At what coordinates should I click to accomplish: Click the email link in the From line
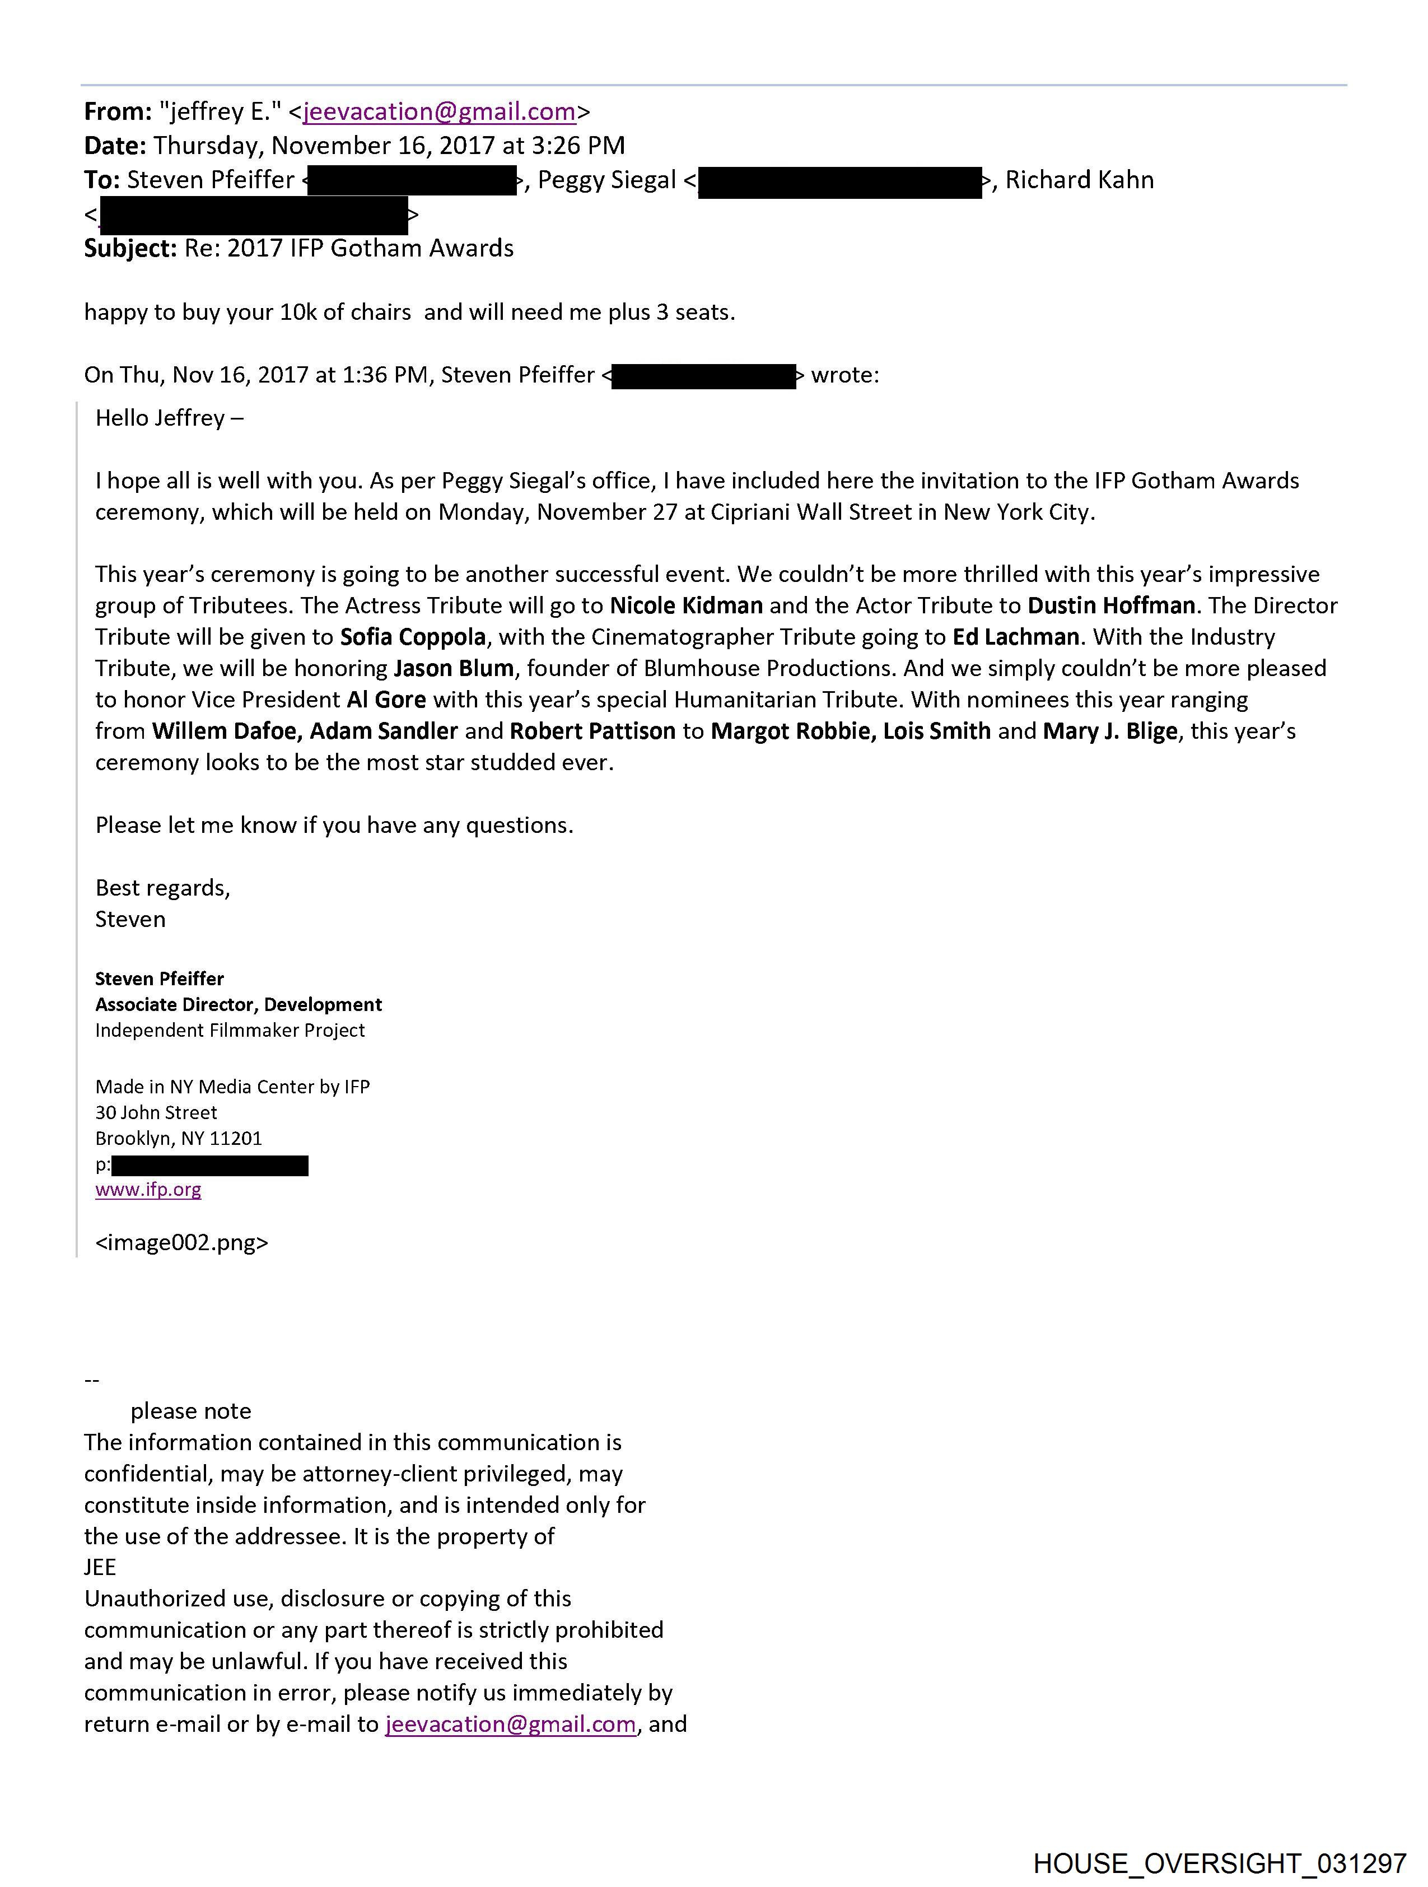(x=438, y=112)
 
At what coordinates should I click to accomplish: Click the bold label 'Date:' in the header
(x=115, y=146)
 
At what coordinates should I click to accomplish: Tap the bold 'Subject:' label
(x=130, y=248)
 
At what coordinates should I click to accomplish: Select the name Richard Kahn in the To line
(x=1079, y=180)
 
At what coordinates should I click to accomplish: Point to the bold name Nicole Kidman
(x=686, y=605)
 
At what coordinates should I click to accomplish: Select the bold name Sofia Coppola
(x=413, y=637)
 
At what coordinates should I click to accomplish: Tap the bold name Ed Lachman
(x=1015, y=637)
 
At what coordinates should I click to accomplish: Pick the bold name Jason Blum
(x=454, y=668)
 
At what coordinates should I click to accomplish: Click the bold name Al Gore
(x=386, y=700)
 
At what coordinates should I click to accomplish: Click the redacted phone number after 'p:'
(x=210, y=1165)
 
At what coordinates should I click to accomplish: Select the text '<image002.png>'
(x=181, y=1242)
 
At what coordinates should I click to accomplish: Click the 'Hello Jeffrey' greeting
(x=169, y=418)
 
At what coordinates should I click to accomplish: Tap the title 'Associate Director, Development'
(x=238, y=1004)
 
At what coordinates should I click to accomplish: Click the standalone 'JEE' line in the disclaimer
(x=100, y=1567)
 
